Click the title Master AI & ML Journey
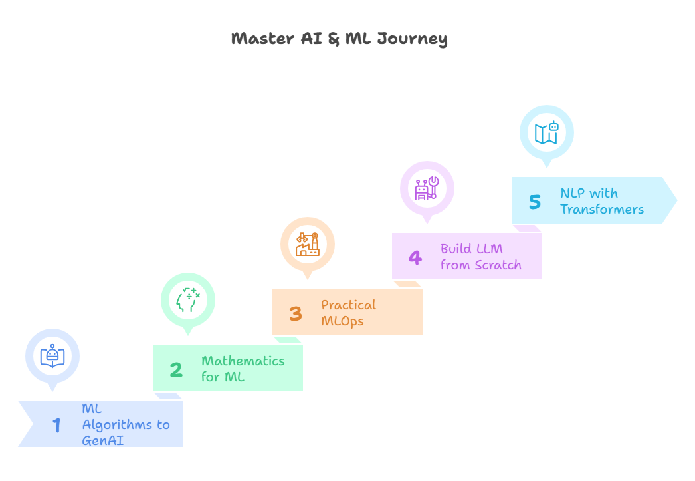point(339,39)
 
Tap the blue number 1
point(57,425)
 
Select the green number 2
point(175,369)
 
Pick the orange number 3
point(296,313)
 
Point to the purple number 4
point(415,257)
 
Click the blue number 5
point(535,202)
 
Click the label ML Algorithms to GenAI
point(126,424)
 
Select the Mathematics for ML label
point(243,369)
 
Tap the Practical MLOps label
point(348,313)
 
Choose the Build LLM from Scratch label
point(480,257)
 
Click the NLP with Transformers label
point(601,201)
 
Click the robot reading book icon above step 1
point(52,356)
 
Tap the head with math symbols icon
point(188,300)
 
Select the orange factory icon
point(308,244)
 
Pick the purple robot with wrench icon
point(427,188)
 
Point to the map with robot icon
point(546,132)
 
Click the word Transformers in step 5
point(601,209)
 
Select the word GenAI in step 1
point(102,440)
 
